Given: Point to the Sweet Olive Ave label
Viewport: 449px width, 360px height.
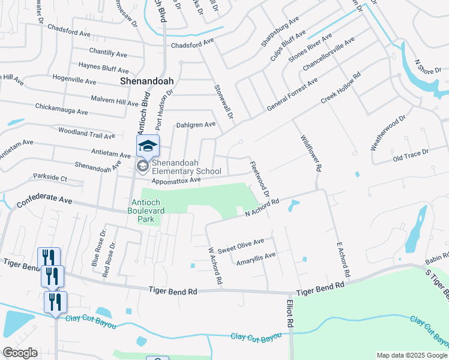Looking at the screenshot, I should click(241, 246).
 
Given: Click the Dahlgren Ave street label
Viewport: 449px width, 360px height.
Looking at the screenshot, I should click(196, 125).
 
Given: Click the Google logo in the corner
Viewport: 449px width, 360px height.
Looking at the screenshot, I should click(20, 353).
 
